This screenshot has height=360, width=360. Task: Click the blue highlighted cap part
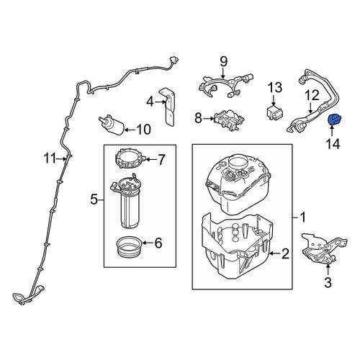[334, 120]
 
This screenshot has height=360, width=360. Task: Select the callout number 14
[333, 144]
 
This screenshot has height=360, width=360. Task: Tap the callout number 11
[50, 158]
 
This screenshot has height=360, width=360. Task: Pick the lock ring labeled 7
[130, 159]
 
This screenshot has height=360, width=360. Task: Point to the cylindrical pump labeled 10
[112, 126]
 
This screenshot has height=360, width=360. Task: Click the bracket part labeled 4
[168, 107]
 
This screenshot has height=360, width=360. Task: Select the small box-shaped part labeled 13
[275, 112]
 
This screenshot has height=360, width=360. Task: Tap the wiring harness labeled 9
[225, 85]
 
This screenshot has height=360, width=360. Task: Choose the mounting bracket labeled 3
[324, 249]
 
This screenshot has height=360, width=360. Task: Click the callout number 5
[94, 199]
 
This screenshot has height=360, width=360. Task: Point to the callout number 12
[312, 95]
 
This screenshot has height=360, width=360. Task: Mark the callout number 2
[285, 253]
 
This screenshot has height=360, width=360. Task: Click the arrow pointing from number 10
[130, 130]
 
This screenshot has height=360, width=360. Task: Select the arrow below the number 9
[223, 73]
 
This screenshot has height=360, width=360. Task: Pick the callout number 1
[303, 217]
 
